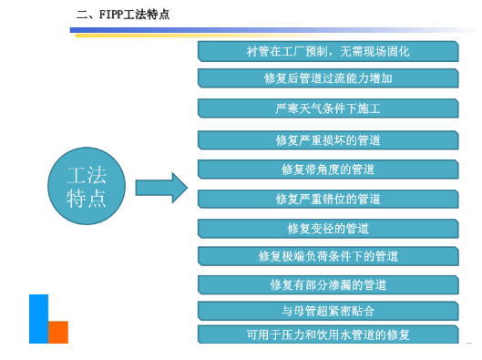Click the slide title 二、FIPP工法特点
[x=123, y=15]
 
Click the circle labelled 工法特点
[x=87, y=188]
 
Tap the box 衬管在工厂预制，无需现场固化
[x=328, y=51]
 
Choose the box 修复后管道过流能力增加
[x=328, y=78]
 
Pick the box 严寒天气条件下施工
[x=328, y=109]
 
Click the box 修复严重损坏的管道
[x=328, y=140]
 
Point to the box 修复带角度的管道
[x=328, y=170]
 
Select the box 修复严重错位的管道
[x=328, y=199]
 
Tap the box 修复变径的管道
[x=328, y=228]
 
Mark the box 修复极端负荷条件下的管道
[x=328, y=256]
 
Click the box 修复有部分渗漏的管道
[x=328, y=285]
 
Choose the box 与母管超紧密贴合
[x=328, y=311]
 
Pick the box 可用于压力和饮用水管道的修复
[x=328, y=334]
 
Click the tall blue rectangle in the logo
[x=38, y=318]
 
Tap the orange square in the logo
[x=58, y=332]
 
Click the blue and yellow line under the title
[x=273, y=31]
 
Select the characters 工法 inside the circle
[x=87, y=176]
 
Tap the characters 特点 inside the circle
[x=87, y=199]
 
